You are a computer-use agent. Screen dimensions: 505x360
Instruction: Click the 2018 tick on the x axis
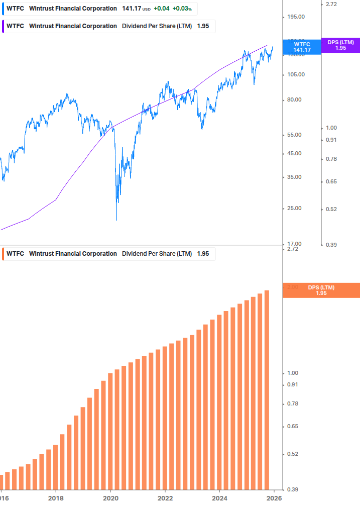coord(56,498)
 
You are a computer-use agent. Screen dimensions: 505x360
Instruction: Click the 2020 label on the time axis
coord(110,498)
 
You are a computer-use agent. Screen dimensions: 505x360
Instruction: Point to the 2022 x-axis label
coord(165,498)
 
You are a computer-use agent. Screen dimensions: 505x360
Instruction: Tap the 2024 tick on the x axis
coord(219,498)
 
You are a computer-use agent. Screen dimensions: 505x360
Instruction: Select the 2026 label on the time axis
coord(274,498)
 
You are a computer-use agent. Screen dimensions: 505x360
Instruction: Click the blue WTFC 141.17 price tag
coord(302,47)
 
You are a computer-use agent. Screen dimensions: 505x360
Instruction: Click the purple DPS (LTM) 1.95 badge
coord(340,45)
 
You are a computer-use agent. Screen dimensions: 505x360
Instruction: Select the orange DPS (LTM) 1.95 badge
coord(321,290)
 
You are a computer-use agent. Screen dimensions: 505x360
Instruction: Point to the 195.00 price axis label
coord(296,17)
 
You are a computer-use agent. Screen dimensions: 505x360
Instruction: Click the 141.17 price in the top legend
coord(132,9)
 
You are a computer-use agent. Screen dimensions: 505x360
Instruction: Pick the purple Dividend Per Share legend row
coord(107,26)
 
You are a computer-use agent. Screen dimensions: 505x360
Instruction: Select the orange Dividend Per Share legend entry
coord(107,254)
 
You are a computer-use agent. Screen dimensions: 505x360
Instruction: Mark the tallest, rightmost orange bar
coord(267,389)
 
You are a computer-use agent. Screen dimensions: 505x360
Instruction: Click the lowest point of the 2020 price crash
coord(116,220)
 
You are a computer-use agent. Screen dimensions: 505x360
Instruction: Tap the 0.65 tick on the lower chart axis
coord(292,426)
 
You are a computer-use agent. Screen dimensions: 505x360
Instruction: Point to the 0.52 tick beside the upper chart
coord(331,209)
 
